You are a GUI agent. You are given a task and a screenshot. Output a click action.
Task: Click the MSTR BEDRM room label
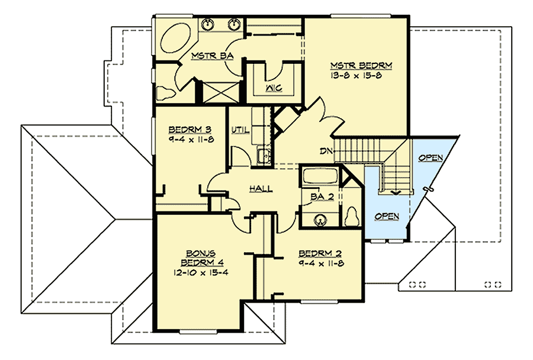[x=353, y=65]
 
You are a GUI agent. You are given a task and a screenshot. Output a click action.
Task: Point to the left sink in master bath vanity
[x=208, y=24]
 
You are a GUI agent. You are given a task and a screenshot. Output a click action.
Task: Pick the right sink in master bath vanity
[x=234, y=24]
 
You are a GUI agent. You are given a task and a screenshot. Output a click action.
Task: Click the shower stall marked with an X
[x=218, y=94]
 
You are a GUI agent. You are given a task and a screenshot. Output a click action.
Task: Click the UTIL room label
[x=240, y=130]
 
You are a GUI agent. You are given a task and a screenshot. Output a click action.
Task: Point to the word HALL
[x=261, y=188]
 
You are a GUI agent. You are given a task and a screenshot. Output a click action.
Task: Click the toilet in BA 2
[x=353, y=216]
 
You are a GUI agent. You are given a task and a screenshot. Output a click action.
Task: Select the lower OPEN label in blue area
[x=386, y=217]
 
